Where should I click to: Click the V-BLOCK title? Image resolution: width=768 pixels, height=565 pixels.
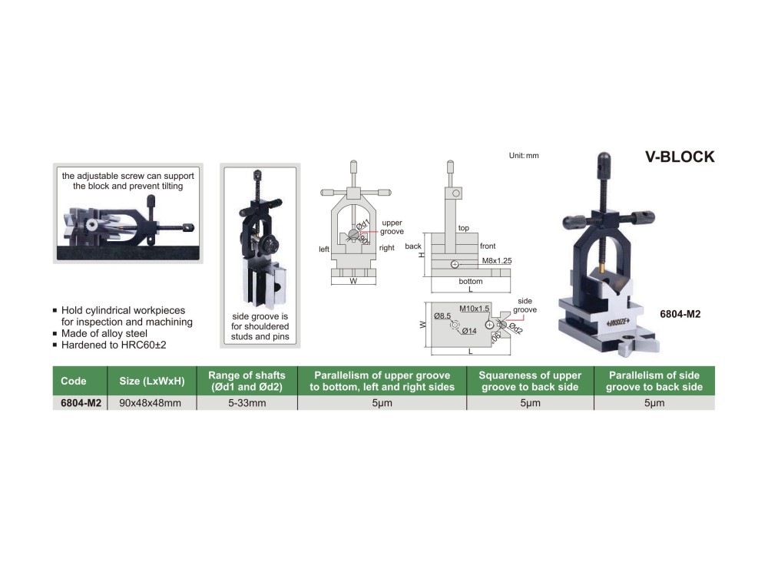680,157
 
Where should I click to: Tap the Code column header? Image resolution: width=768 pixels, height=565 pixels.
74,381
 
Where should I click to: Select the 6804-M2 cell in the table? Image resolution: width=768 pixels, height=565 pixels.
81,403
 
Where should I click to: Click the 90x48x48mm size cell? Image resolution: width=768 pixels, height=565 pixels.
151,403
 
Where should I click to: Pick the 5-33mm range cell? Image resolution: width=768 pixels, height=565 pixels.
247,403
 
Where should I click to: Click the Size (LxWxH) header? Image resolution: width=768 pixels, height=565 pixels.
152,381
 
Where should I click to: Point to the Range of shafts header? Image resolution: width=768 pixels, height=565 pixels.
247,381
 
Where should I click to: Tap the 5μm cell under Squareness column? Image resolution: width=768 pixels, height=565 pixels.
530,403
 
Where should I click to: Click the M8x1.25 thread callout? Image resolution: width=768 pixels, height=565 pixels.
497,261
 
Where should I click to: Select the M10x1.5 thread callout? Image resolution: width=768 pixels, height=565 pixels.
474,309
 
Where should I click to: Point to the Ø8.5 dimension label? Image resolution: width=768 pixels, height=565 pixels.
442,316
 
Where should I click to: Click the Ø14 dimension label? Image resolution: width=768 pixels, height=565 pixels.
468,331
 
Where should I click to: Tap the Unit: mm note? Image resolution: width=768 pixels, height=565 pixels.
524,156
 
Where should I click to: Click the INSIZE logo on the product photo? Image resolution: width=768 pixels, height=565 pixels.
617,322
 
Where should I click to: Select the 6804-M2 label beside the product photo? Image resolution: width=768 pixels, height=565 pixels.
680,314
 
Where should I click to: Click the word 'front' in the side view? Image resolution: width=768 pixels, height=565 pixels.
488,246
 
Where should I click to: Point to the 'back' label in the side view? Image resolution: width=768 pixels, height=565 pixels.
413,246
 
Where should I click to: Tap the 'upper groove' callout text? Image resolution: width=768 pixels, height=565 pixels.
392,227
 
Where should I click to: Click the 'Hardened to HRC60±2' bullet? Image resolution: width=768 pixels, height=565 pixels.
114,345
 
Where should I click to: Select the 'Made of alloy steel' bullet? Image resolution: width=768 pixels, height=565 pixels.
104,333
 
